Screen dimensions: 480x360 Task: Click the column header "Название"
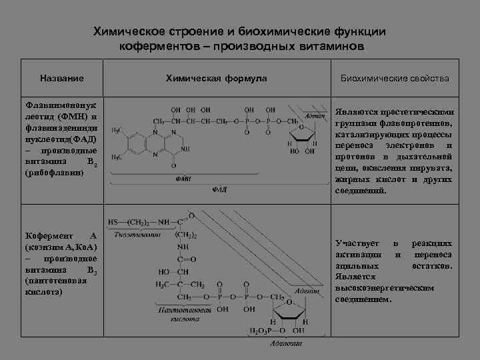[x=61, y=79]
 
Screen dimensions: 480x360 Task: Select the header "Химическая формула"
[x=216, y=79]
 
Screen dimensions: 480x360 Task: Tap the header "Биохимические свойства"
[x=395, y=79]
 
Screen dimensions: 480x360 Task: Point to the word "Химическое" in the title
[x=126, y=31]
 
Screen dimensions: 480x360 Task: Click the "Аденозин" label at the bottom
[x=286, y=343]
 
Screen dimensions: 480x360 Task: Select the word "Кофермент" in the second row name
[x=46, y=237]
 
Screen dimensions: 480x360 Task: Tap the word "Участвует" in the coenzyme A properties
[x=357, y=244]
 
